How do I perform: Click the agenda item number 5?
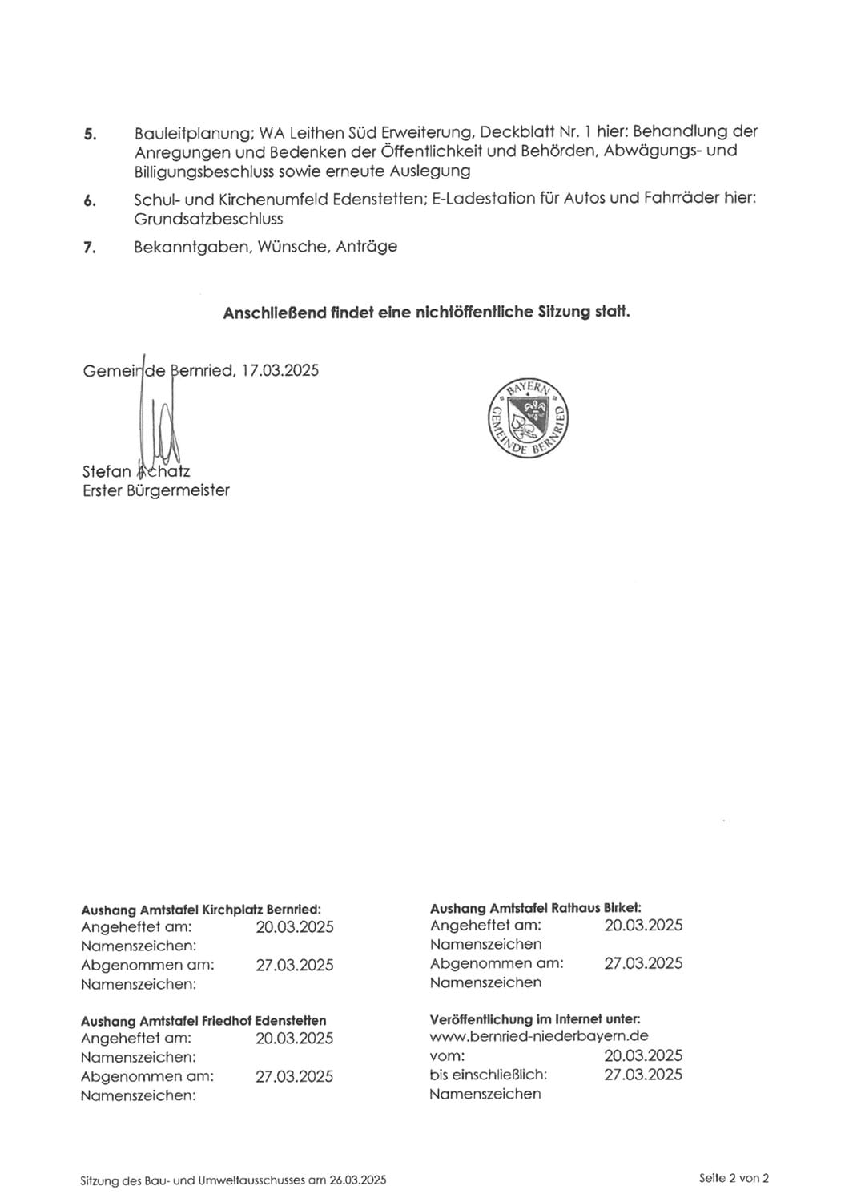[90, 134]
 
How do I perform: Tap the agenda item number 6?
[90, 200]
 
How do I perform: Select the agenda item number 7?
[90, 248]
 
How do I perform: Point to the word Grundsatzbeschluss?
[208, 219]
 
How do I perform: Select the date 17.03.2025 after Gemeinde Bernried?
[280, 370]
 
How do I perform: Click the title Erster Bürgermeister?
[155, 490]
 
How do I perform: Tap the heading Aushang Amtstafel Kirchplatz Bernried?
[201, 910]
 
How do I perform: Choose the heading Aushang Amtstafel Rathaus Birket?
[535, 908]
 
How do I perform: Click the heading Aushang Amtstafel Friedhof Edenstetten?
[203, 1021]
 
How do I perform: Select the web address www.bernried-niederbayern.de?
[538, 1036]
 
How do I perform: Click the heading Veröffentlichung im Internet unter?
[535, 1019]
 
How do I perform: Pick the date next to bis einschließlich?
[643, 1075]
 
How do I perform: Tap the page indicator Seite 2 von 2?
[734, 1178]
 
